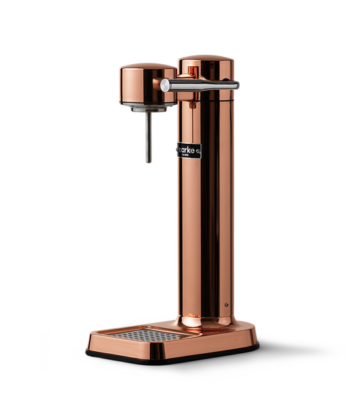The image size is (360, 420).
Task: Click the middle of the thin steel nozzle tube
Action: point(146,138)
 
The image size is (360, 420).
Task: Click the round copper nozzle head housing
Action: point(144,84)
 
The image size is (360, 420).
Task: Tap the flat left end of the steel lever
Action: point(164,84)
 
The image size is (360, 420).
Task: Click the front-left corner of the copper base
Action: point(91,338)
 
